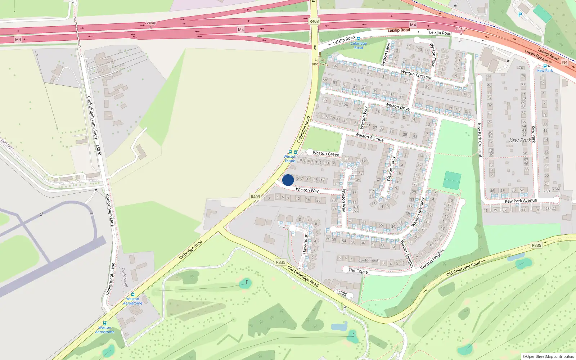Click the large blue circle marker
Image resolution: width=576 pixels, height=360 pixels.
click(x=288, y=180)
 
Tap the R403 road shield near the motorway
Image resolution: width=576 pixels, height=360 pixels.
click(x=314, y=21)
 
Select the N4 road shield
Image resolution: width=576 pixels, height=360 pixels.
click(x=564, y=62)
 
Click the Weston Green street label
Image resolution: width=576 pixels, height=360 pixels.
click(x=326, y=154)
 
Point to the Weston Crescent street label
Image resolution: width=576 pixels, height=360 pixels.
click(x=416, y=75)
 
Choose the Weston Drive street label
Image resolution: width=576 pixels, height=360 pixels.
click(x=397, y=107)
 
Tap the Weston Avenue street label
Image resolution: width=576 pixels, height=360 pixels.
click(x=369, y=137)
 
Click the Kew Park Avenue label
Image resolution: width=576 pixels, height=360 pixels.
click(x=521, y=201)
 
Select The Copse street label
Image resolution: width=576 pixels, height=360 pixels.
click(x=358, y=271)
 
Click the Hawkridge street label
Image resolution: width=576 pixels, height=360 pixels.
click(x=305, y=244)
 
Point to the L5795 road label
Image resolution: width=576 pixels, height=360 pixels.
click(x=342, y=293)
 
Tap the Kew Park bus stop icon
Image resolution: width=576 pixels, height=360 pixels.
click(x=545, y=66)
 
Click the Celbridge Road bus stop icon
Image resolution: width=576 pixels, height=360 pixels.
click(x=358, y=39)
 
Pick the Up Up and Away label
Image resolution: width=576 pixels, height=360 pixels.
click(x=320, y=62)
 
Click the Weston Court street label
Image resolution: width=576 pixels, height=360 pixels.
click(x=391, y=168)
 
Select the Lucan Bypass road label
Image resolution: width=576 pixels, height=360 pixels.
click(x=536, y=55)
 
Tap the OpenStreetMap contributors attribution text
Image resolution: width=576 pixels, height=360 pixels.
click(x=548, y=357)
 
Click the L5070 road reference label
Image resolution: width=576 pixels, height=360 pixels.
click(x=98, y=150)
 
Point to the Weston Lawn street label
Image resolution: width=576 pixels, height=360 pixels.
click(x=386, y=54)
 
